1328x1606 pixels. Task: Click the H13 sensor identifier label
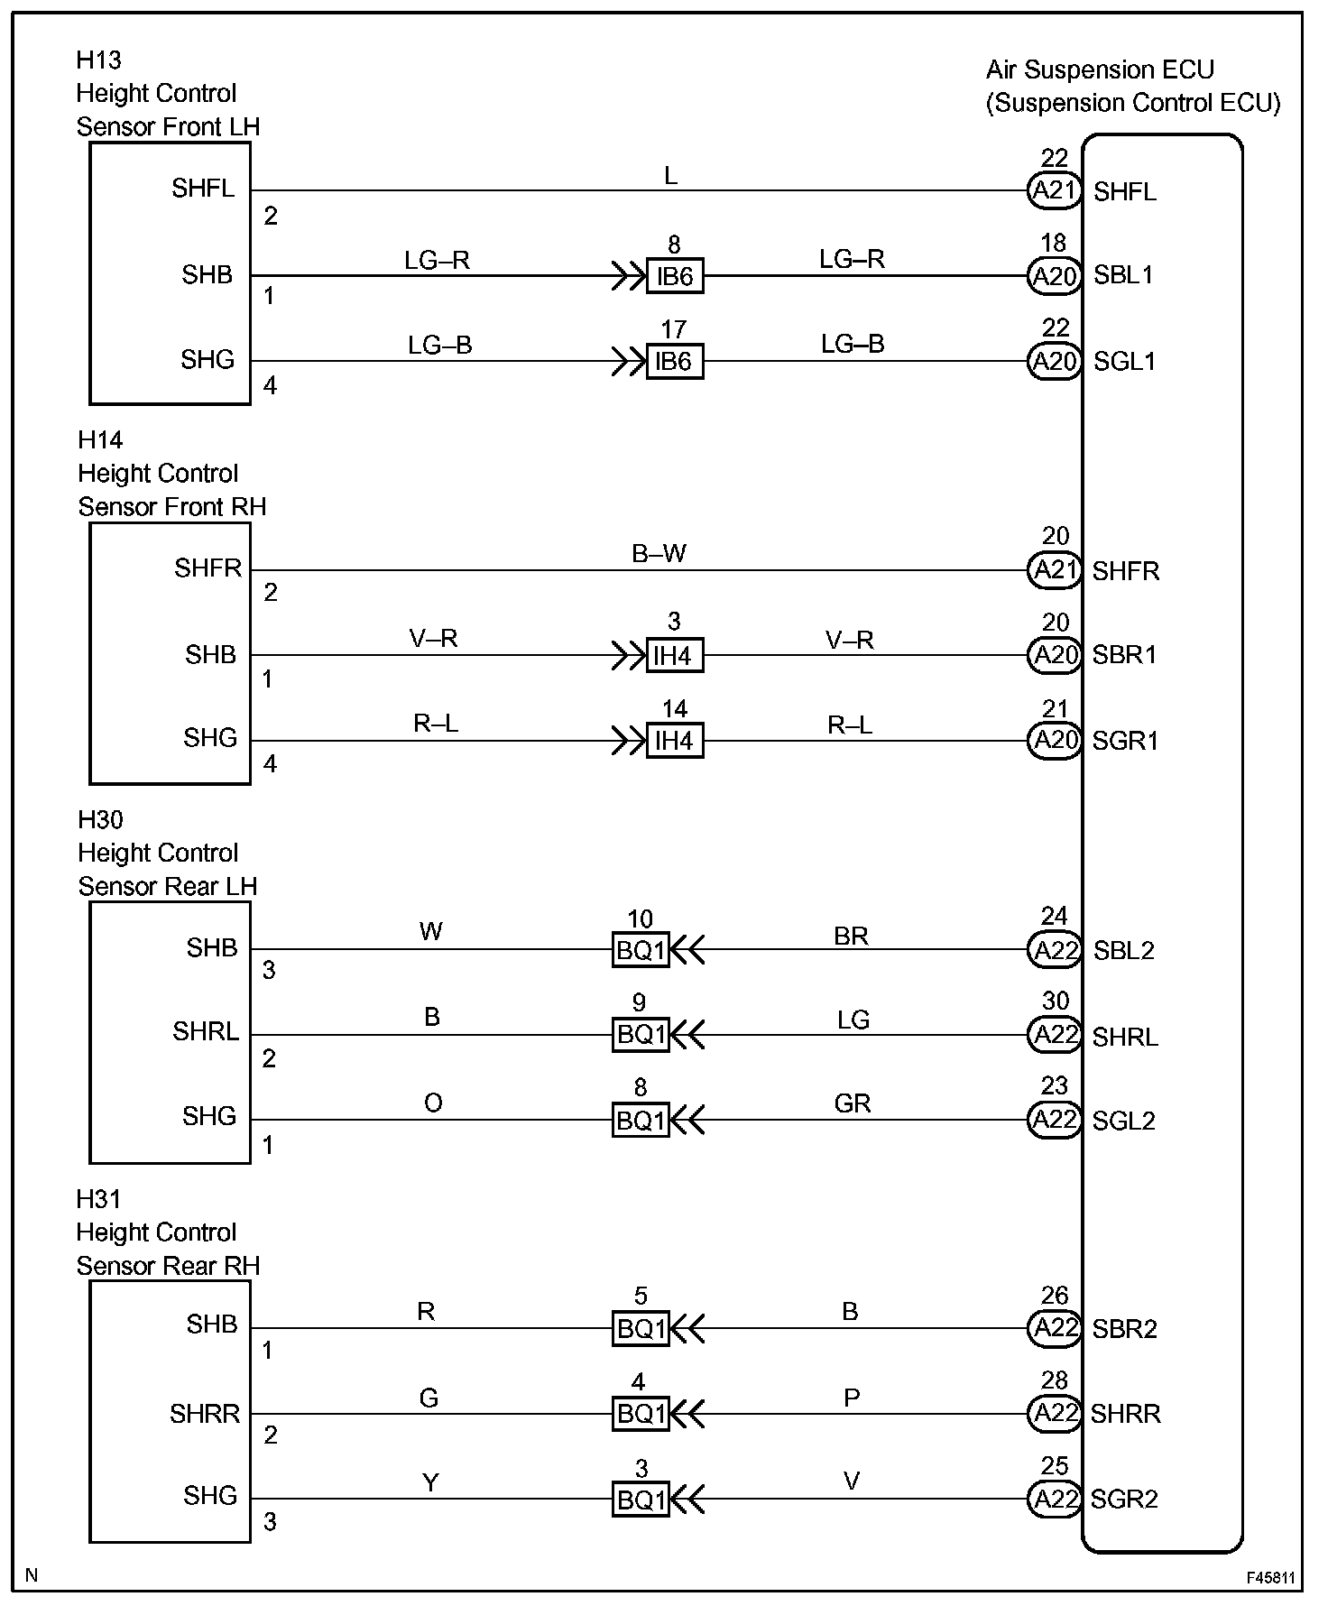pyautogui.click(x=98, y=60)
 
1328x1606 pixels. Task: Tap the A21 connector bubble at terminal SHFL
pyautogui.click(x=1054, y=190)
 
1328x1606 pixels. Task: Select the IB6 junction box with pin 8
pyautogui.click(x=675, y=275)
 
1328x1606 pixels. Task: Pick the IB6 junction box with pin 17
pyautogui.click(x=675, y=361)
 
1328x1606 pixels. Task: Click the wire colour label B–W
pyautogui.click(x=659, y=553)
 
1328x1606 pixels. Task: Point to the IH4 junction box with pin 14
pyautogui.click(x=675, y=741)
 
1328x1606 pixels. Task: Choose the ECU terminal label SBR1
pyautogui.click(x=1124, y=654)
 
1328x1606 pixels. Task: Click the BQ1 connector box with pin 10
pyautogui.click(x=641, y=949)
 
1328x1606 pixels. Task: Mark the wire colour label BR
pyautogui.click(x=851, y=936)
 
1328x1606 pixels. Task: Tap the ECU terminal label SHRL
pyautogui.click(x=1125, y=1037)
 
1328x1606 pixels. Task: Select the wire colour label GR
pyautogui.click(x=853, y=1103)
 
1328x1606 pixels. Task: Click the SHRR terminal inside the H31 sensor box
pyautogui.click(x=205, y=1414)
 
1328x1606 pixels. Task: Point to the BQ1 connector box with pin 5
pyautogui.click(x=641, y=1328)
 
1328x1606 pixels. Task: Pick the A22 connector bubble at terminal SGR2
pyautogui.click(x=1054, y=1499)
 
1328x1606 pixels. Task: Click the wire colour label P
pyautogui.click(x=852, y=1398)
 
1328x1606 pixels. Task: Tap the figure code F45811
pyautogui.click(x=1271, y=1578)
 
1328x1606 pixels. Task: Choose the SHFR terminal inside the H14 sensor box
pyautogui.click(x=208, y=568)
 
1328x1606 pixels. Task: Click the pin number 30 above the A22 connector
pyautogui.click(x=1055, y=1001)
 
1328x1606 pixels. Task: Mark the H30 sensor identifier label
pyautogui.click(x=100, y=819)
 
